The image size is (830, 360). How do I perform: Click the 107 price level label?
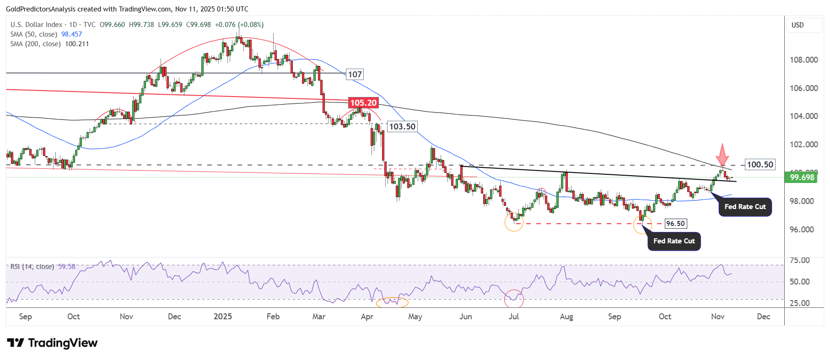[x=355, y=75]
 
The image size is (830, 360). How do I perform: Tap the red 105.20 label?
[x=363, y=103]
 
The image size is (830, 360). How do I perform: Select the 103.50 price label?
[x=402, y=127]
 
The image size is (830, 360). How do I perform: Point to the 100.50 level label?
[x=760, y=165]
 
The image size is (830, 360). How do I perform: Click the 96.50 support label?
[x=675, y=224]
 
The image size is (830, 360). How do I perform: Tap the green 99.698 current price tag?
[x=802, y=177]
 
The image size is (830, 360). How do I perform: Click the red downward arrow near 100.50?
[x=722, y=155]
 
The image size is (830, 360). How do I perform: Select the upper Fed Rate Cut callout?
[x=745, y=207]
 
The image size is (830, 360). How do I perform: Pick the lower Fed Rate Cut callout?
[x=674, y=241]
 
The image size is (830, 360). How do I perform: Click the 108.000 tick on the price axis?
[x=803, y=60]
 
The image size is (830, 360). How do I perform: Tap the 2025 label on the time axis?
[x=223, y=317]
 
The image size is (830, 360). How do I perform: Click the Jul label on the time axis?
[x=514, y=317]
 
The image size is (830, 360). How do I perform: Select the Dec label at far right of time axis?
[x=763, y=317]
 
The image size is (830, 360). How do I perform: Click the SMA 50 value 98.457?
[x=72, y=34]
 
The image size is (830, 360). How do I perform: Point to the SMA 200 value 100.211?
[x=77, y=44]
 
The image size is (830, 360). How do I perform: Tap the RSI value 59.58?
[x=67, y=267]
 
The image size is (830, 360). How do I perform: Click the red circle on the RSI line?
[x=514, y=299]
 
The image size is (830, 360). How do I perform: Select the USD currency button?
[x=798, y=25]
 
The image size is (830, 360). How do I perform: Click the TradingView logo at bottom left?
[x=52, y=343]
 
